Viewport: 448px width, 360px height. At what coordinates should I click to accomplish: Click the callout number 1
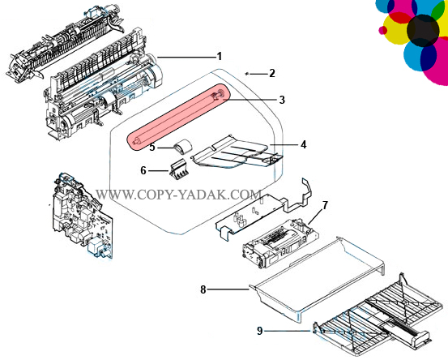(220, 56)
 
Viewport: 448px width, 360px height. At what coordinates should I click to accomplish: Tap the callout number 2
(272, 73)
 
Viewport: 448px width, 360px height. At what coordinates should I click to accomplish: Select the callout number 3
(282, 100)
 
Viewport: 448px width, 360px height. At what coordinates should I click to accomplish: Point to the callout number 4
(304, 144)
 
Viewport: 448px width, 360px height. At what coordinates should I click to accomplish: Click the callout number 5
(152, 148)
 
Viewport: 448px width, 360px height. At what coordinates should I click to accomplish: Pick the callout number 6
(143, 171)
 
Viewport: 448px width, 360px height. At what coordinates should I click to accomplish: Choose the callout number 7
(325, 205)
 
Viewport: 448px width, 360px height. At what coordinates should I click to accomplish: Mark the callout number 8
(203, 289)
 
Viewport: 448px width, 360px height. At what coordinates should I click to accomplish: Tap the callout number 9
(260, 331)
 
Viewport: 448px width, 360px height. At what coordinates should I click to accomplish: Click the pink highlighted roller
(178, 117)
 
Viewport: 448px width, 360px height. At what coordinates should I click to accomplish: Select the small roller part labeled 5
(182, 148)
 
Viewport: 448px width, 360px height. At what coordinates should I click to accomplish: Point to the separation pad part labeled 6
(177, 170)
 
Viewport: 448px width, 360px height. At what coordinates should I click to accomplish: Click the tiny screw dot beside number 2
(247, 74)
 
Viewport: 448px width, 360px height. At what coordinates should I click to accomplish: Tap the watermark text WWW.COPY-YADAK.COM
(178, 195)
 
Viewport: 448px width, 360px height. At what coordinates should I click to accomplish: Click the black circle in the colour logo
(423, 30)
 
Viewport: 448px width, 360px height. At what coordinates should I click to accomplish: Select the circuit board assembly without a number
(82, 215)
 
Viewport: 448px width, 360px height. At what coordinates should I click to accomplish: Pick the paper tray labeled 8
(317, 279)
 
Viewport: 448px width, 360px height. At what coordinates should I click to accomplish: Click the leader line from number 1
(186, 58)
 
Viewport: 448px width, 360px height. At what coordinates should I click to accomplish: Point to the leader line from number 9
(287, 331)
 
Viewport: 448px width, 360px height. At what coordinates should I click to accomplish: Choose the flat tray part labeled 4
(237, 152)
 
